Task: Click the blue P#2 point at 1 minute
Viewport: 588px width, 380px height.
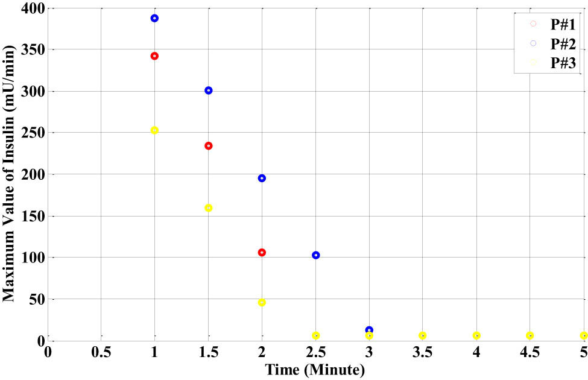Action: click(x=154, y=18)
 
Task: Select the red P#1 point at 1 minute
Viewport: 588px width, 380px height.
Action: click(x=154, y=56)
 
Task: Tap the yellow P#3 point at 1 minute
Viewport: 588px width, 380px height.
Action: click(x=154, y=130)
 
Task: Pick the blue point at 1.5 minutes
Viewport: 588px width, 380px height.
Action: click(x=209, y=90)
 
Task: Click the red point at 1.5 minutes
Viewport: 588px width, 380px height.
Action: click(x=209, y=146)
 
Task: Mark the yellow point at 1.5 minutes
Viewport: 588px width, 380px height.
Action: click(x=209, y=208)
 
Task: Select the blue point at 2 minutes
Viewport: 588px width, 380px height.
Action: click(x=262, y=178)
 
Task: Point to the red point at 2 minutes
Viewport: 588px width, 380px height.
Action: click(x=262, y=252)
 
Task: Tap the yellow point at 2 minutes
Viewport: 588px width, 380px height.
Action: click(x=262, y=302)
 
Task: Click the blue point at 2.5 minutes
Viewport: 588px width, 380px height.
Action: click(x=316, y=255)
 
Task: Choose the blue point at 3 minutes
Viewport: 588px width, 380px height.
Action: click(x=369, y=330)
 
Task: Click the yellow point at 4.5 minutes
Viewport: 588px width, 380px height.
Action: click(x=530, y=335)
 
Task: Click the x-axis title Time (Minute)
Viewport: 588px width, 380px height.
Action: click(x=317, y=369)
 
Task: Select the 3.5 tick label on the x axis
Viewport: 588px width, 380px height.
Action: click(x=423, y=352)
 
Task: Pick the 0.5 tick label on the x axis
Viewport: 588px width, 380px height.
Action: click(x=101, y=352)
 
